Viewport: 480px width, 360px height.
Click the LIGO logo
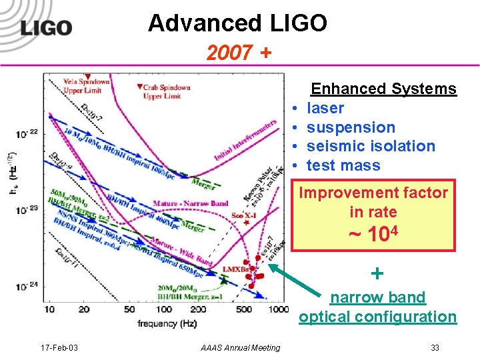(x=45, y=27)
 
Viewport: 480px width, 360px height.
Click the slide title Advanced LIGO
(x=238, y=23)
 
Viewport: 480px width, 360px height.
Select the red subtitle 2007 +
(x=238, y=53)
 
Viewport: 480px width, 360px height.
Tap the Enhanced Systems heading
(x=384, y=89)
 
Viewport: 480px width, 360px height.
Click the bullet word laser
(x=325, y=108)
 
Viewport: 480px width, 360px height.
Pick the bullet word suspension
(x=351, y=127)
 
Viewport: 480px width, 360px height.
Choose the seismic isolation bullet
(x=371, y=146)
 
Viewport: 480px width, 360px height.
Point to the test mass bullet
(x=343, y=165)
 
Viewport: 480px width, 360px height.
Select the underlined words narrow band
(x=378, y=297)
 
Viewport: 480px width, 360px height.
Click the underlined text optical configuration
(x=378, y=317)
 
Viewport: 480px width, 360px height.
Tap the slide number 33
(x=435, y=347)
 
